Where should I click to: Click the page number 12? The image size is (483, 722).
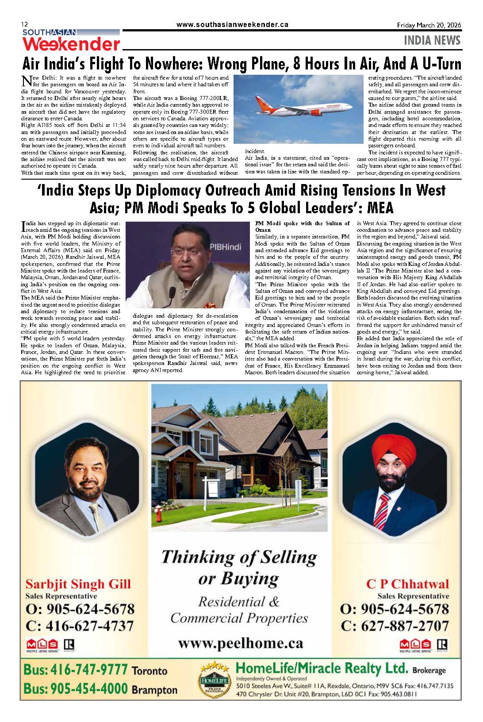24,25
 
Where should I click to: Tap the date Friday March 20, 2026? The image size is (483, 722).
429,25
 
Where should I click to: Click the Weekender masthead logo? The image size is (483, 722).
71,44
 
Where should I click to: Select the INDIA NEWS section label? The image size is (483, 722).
432,41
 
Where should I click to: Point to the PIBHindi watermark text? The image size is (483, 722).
226,247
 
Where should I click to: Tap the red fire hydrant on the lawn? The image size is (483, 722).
158,513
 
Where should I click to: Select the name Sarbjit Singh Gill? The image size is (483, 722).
78,584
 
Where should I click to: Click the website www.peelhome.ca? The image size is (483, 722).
241,643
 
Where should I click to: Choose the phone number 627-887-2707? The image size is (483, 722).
405,626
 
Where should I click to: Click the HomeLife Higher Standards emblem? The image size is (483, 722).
214,679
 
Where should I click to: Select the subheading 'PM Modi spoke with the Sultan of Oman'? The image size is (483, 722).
302,227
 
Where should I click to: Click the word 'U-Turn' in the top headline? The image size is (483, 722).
441,64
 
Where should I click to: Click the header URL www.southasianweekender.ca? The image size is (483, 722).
232,25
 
